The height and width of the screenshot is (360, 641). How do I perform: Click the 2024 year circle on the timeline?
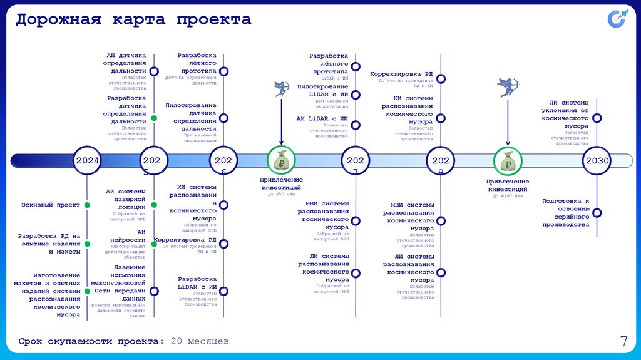[x=88, y=161]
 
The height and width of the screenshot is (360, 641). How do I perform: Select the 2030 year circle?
[x=597, y=161]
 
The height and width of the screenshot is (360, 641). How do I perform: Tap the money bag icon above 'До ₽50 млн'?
[x=280, y=161]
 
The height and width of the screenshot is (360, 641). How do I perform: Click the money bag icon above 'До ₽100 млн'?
[x=507, y=162]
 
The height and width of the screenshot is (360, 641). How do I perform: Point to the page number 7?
[x=623, y=341]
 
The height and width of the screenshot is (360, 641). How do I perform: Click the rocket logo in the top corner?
[x=618, y=19]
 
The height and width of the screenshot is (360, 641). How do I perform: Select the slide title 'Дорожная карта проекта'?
[x=133, y=19]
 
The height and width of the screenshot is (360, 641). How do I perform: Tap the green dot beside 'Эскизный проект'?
[x=88, y=205]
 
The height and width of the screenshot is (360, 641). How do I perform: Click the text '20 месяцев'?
[x=200, y=341]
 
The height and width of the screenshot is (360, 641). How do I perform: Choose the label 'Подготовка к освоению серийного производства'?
[x=566, y=212]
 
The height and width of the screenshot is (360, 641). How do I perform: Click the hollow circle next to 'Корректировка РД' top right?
[x=441, y=79]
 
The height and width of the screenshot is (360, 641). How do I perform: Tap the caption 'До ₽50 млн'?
[x=280, y=195]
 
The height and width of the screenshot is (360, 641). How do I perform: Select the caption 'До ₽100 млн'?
[x=507, y=196]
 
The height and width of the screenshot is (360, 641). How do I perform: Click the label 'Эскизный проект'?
[x=51, y=205]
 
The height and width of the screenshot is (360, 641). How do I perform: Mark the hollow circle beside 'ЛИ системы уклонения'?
[x=597, y=118]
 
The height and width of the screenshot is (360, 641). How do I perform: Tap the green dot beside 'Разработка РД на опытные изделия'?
[x=88, y=244]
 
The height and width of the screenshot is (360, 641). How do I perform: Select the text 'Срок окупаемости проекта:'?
[x=91, y=341]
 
